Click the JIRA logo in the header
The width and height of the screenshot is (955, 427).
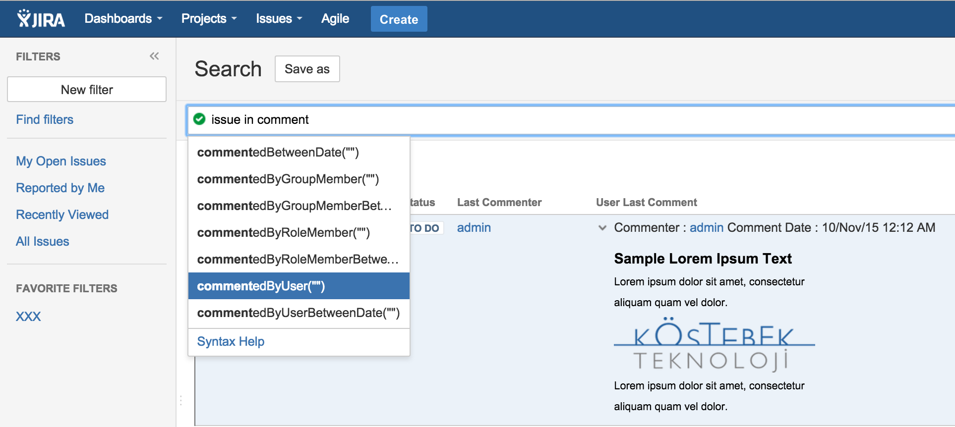[x=41, y=19]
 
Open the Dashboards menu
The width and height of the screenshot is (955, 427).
[x=123, y=19]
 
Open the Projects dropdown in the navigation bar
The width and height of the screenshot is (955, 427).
[x=209, y=19]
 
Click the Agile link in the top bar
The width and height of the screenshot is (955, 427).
[x=335, y=19]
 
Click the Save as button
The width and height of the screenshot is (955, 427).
[x=307, y=69]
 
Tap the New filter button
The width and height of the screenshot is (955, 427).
[x=87, y=90]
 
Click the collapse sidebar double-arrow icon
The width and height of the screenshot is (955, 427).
[x=154, y=56]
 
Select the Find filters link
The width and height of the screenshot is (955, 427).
[x=45, y=119]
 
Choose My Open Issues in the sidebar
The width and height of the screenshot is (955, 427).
[x=61, y=161]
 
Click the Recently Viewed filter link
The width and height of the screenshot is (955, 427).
[x=62, y=214]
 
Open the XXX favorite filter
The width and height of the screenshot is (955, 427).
[x=28, y=317]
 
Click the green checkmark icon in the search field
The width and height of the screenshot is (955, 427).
[x=199, y=119]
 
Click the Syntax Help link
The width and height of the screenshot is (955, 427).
[x=231, y=341]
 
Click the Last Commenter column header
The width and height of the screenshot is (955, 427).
[x=499, y=202]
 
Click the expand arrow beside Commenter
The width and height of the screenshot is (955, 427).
[x=602, y=228]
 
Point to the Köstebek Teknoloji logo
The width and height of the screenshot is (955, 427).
[x=714, y=345]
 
